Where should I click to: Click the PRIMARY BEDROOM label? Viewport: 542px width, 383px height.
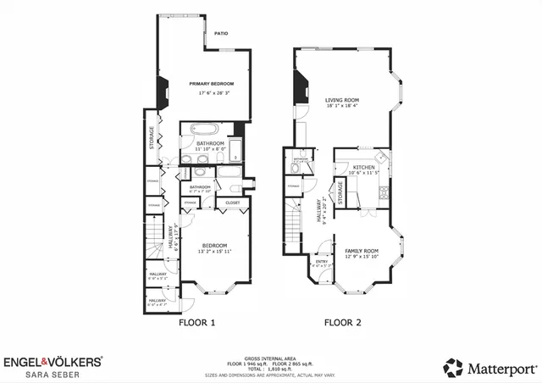pos(211,84)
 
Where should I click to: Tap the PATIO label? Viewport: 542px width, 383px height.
pos(221,34)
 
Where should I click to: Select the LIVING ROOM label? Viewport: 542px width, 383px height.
pos(342,99)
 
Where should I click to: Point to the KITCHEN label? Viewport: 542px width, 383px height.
pos(363,168)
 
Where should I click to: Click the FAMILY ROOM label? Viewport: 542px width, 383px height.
pos(361,252)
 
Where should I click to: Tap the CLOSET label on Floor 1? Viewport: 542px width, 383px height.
pos(232,203)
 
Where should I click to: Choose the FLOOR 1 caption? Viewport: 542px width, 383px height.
pos(196,323)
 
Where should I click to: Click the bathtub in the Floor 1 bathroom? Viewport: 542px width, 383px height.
pos(204,131)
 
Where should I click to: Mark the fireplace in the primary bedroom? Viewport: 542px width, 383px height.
pos(162,90)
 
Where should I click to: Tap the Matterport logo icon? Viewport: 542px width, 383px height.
pos(454,367)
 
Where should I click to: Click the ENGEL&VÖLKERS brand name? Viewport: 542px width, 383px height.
pos(53,361)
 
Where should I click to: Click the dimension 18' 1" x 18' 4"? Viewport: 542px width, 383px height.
pos(342,107)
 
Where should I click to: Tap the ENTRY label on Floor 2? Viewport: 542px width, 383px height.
pos(322,261)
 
